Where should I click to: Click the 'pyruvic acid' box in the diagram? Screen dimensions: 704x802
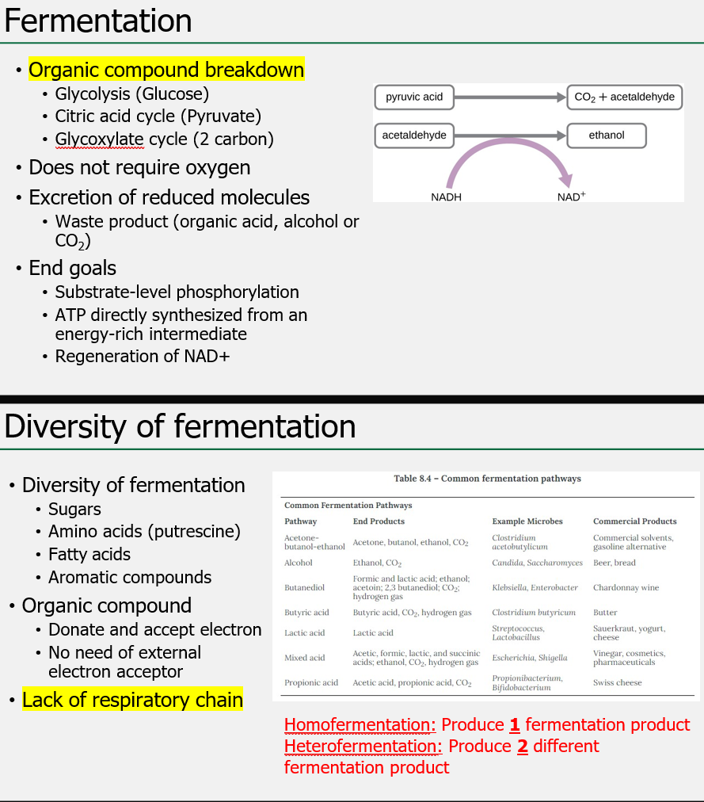pos(414,97)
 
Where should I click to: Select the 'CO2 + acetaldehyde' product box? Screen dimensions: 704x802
pos(624,97)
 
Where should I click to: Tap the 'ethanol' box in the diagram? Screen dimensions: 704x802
pos(607,136)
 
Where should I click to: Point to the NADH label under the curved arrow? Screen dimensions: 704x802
pos(446,197)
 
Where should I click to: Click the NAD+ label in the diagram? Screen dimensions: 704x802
pos(571,197)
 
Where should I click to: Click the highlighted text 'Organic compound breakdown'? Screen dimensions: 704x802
pos(166,70)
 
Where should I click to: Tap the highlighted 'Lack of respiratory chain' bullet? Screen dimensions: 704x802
pos(132,700)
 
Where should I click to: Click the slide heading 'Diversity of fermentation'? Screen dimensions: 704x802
pos(180,426)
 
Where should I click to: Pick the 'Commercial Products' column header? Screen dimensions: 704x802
pos(634,521)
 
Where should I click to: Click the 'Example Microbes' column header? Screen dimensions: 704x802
pos(527,521)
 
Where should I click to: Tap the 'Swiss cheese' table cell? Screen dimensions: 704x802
pos(617,682)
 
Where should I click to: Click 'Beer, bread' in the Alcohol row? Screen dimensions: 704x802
pos(614,563)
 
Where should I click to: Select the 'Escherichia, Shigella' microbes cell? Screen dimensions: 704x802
pos(530,658)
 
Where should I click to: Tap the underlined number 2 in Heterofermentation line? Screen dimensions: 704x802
pos(522,746)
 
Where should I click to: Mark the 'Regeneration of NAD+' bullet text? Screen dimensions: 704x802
pos(143,357)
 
